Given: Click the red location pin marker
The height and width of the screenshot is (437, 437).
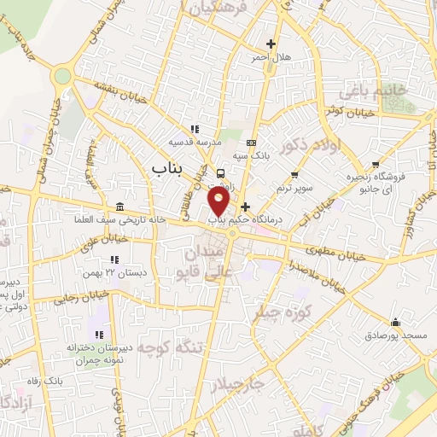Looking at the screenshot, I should [x=219, y=201].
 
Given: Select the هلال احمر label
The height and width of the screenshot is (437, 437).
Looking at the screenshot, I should [x=271, y=57].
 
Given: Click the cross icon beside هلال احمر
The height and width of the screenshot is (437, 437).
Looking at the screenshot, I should [x=271, y=44].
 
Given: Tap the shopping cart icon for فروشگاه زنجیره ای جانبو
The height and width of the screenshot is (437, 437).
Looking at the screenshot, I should [x=375, y=165].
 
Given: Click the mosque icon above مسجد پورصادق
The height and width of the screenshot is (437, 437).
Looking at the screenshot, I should [x=395, y=322].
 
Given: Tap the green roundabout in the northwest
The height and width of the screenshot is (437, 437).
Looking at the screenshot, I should [x=61, y=76].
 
